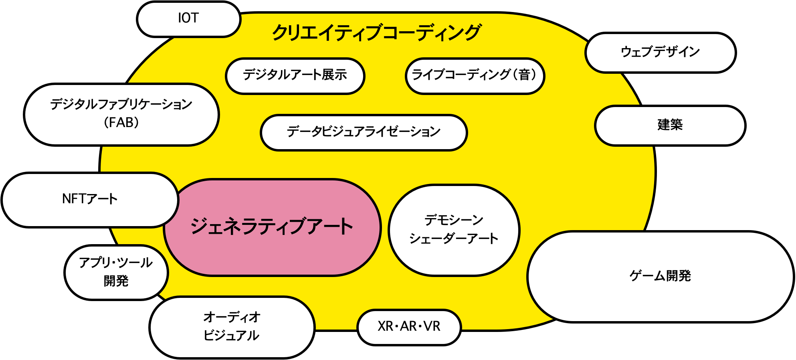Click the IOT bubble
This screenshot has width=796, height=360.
(x=188, y=19)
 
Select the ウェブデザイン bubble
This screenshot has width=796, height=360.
(x=660, y=52)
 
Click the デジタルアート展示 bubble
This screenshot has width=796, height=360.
(x=295, y=75)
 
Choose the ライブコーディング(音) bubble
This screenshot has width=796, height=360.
(x=475, y=75)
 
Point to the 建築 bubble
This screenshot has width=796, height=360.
(x=670, y=125)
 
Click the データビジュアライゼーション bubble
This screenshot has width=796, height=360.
(x=364, y=132)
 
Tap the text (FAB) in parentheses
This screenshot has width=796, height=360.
(x=121, y=122)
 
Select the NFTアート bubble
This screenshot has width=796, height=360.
(x=90, y=199)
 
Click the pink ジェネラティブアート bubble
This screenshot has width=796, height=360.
(x=272, y=227)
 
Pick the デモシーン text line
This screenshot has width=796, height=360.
(x=454, y=220)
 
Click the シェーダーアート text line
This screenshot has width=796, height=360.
(x=454, y=239)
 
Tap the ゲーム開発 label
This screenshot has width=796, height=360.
(x=660, y=276)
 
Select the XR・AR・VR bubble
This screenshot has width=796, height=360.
(x=409, y=327)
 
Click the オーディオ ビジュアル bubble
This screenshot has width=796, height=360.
(x=232, y=327)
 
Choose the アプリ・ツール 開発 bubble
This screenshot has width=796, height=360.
(x=116, y=272)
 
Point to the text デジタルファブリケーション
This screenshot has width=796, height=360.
(x=121, y=105)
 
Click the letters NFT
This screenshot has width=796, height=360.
(x=73, y=199)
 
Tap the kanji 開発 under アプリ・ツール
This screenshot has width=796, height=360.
(x=116, y=281)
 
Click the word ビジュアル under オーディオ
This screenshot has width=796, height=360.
(x=231, y=336)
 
